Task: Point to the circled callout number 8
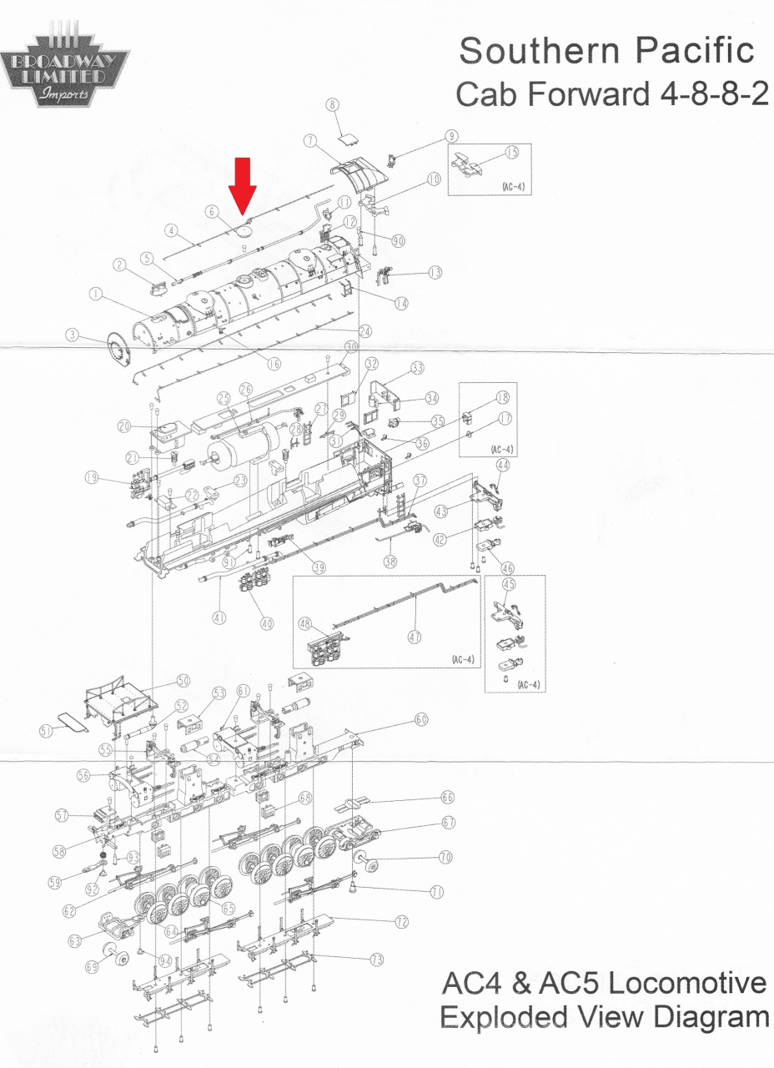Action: tap(333, 105)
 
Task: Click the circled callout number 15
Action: tap(511, 153)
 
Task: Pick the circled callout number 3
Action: tap(73, 335)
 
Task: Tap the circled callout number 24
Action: tap(365, 331)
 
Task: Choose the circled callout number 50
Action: tap(183, 681)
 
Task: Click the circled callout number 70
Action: tap(445, 857)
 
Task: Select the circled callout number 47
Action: tap(415, 636)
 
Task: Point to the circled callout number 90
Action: tap(398, 241)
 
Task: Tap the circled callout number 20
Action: tap(124, 426)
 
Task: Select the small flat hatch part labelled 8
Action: tap(349, 139)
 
